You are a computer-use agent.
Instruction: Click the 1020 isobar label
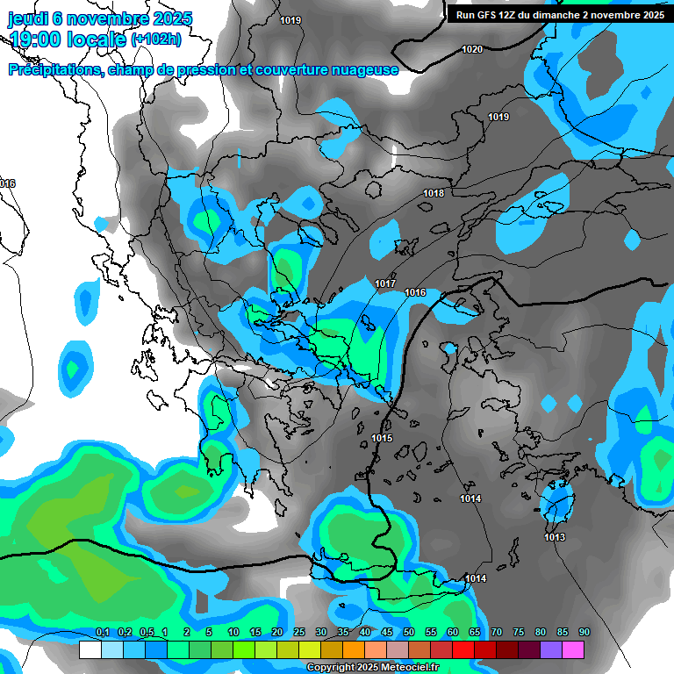click(x=472, y=49)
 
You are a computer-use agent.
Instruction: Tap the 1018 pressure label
click(x=434, y=193)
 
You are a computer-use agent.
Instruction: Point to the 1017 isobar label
click(x=385, y=283)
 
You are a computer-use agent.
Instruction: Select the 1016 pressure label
click(x=415, y=292)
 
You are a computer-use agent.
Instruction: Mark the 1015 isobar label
click(x=382, y=438)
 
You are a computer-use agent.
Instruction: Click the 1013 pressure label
click(x=555, y=537)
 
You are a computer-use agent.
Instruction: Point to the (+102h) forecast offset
click(x=155, y=39)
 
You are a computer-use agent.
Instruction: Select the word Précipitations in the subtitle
click(x=54, y=69)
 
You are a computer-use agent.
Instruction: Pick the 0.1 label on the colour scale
click(x=103, y=633)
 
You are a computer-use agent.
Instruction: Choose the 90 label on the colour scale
click(x=584, y=633)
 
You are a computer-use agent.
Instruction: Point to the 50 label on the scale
click(x=409, y=633)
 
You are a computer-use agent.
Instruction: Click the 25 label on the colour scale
click(x=299, y=633)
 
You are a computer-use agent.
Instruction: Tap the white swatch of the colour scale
click(x=90, y=649)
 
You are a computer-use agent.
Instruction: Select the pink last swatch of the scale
click(x=573, y=649)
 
